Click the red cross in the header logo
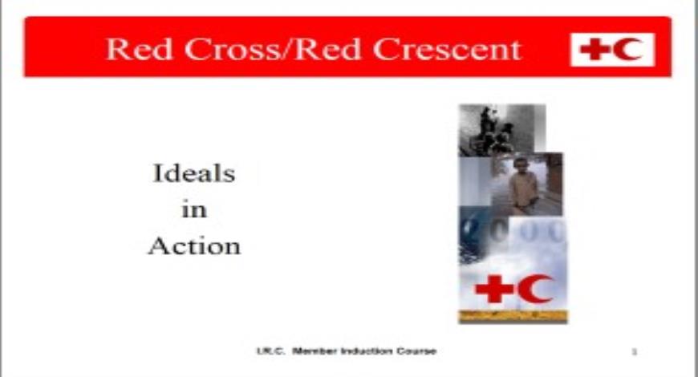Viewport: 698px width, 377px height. coord(595,50)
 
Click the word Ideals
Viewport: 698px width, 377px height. coord(194,173)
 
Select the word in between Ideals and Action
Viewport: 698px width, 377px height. coord(194,210)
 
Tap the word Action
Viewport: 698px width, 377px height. coord(194,246)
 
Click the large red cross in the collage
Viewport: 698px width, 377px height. coord(494,289)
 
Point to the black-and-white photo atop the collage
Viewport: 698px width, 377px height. coord(501,128)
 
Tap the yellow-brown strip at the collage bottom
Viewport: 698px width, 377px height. coord(513,316)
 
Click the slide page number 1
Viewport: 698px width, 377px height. coord(635,351)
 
